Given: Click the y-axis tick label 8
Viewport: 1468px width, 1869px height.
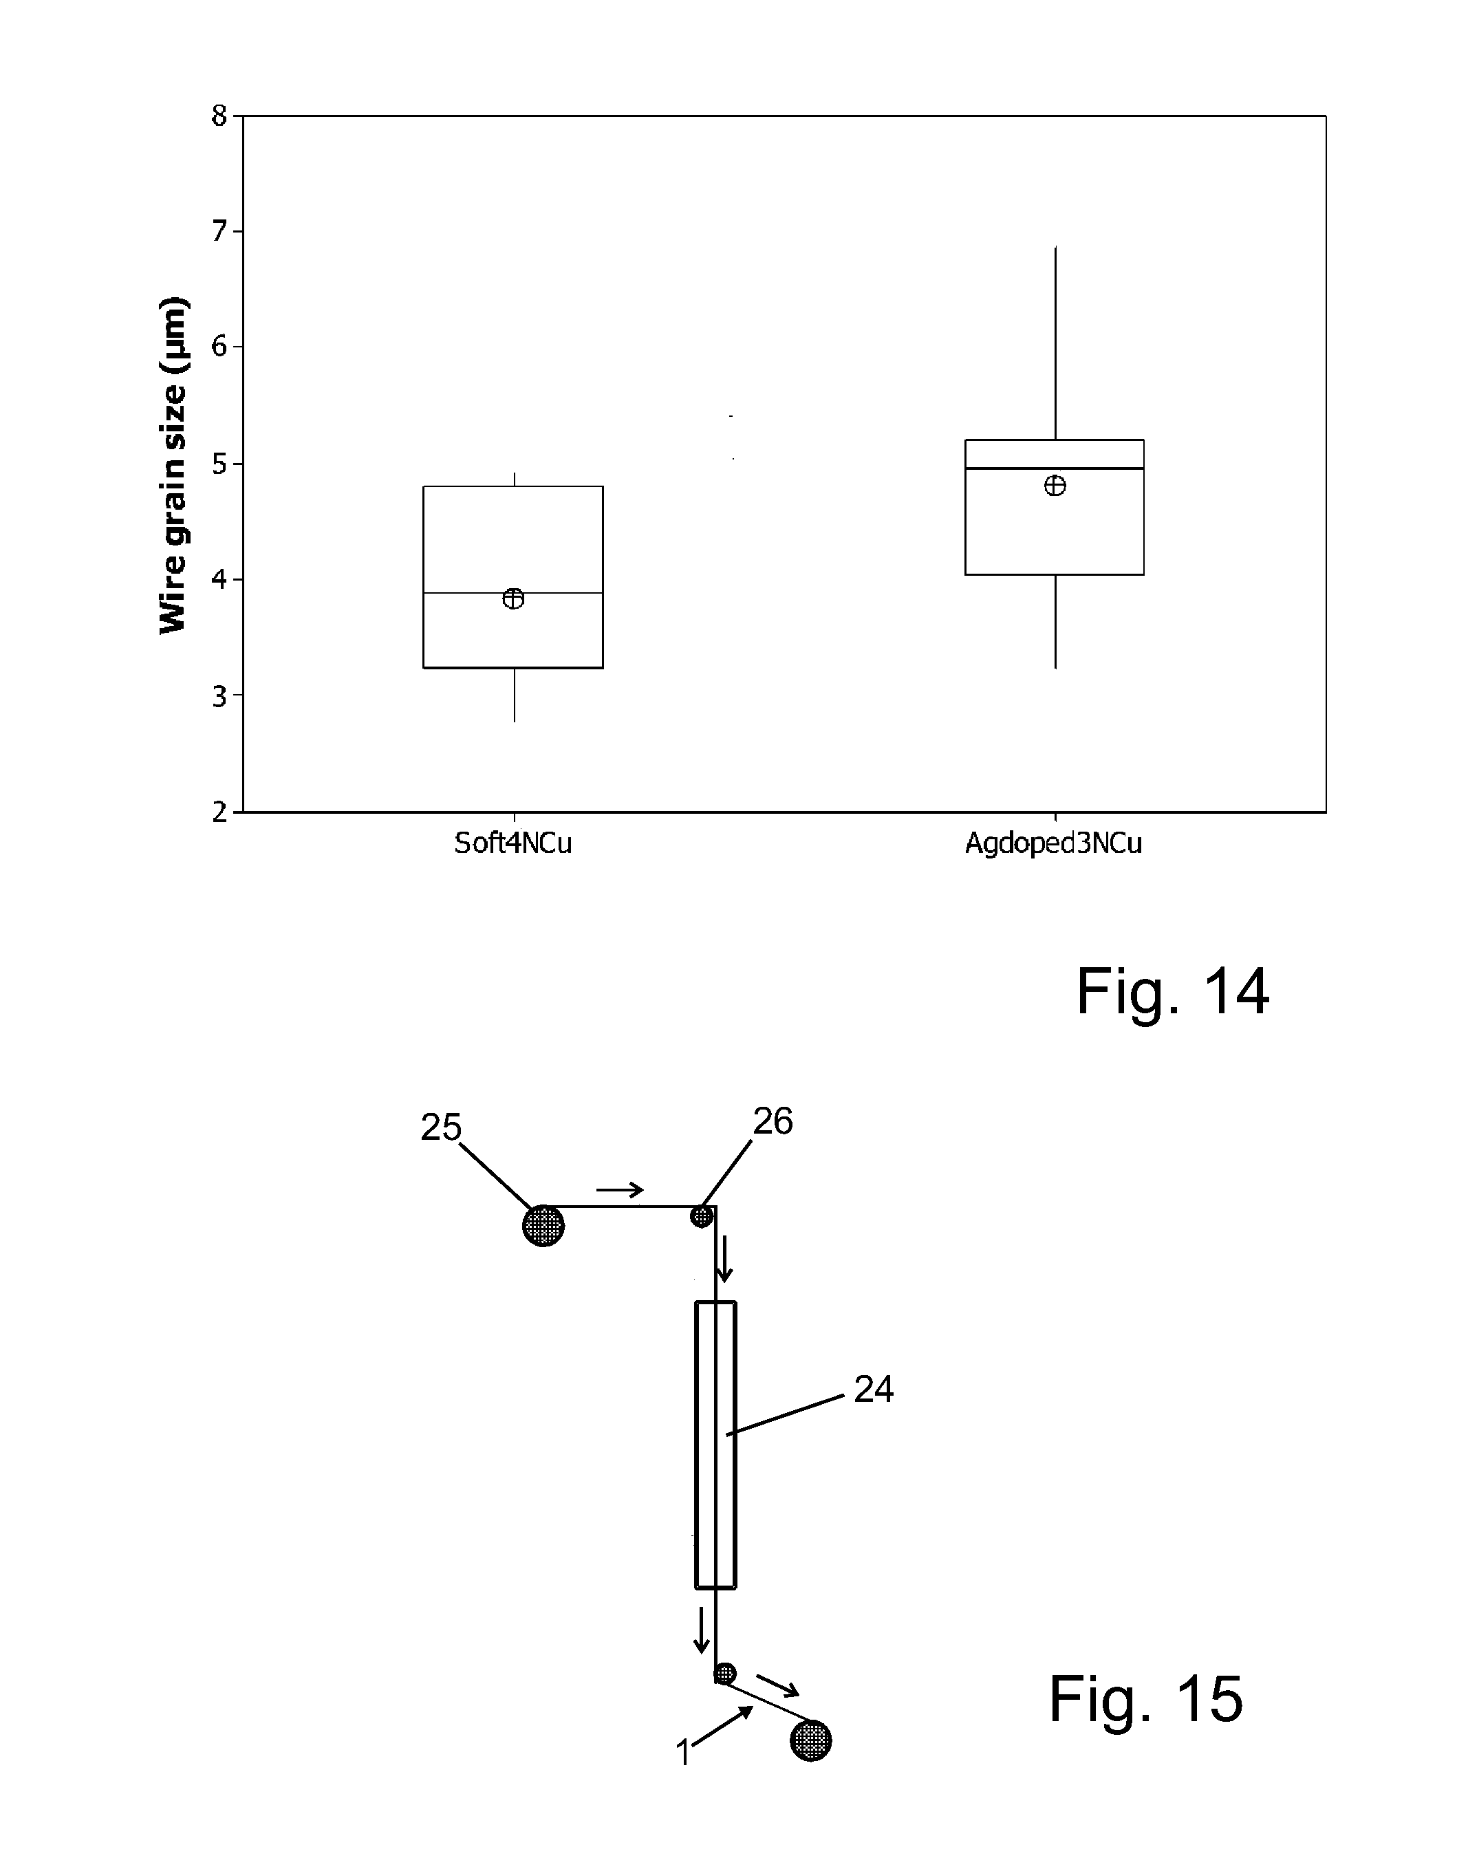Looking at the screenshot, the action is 219,114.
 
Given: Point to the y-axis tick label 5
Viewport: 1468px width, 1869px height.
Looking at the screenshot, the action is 219,464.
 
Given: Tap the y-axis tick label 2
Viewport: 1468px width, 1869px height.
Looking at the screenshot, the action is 219,812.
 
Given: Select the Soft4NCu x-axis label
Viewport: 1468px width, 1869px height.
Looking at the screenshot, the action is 513,844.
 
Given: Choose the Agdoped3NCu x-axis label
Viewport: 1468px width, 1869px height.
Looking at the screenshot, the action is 1054,844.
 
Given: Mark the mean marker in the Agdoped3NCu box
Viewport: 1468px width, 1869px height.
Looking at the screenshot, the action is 1055,486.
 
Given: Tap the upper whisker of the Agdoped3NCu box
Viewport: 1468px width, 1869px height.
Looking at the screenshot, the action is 1055,344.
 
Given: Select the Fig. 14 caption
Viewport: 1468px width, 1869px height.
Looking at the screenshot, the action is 1172,992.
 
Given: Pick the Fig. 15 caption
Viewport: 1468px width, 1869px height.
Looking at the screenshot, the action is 1145,1700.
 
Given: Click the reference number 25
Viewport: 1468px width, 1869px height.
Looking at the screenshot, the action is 441,1127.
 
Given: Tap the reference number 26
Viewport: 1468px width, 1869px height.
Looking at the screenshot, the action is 773,1121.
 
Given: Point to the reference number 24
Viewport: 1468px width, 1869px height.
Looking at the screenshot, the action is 873,1390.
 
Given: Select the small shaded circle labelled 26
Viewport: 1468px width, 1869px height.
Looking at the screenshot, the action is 702,1217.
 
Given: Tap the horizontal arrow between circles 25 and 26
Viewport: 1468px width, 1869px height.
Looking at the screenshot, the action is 620,1190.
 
